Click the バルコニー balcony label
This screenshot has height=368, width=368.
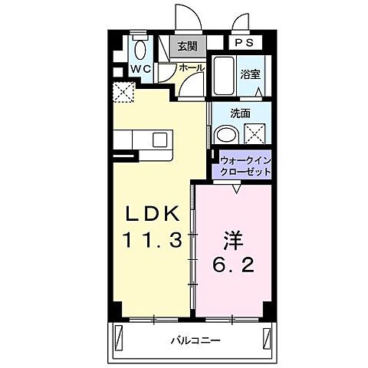click(190, 337)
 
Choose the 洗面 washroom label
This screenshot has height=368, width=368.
click(241, 113)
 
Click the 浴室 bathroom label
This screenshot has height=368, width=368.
click(249, 74)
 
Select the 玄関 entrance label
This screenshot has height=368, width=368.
click(187, 46)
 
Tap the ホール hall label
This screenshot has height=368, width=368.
click(192, 68)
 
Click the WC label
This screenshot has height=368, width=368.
click(140, 69)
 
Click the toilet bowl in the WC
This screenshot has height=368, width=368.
click(140, 51)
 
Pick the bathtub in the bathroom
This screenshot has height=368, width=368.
click(225, 76)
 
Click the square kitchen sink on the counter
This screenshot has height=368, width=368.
click(159, 140)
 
